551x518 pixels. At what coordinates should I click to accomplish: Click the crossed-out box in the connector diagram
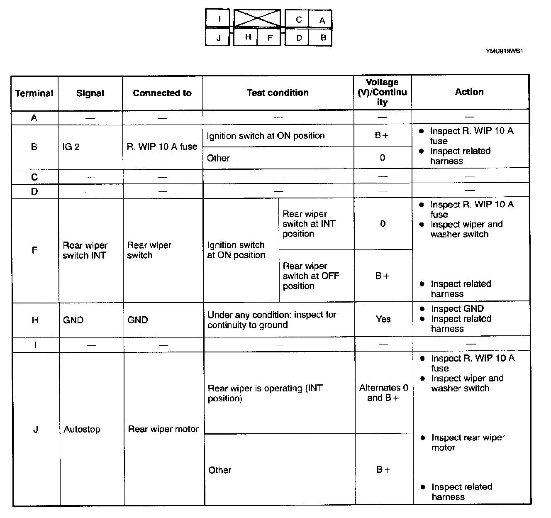257,18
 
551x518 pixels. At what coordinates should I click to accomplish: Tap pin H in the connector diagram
248,37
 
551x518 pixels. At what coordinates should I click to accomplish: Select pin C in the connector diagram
299,19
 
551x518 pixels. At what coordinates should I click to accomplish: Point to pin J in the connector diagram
218,38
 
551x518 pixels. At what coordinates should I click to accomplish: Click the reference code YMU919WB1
504,51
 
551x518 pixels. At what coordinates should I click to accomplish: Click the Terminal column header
34,93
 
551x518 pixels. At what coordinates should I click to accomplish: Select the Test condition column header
278,93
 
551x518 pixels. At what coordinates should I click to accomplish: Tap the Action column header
469,92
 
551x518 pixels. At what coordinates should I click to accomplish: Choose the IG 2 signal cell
71,147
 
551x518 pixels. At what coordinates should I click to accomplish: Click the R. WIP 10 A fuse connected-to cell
162,147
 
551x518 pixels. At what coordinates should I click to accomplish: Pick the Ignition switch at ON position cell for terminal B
266,136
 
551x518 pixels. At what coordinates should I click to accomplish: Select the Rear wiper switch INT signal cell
85,250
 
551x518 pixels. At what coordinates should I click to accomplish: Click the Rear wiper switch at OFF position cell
311,276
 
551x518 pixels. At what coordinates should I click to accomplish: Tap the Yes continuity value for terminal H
383,319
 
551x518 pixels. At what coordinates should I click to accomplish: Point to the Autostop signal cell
82,429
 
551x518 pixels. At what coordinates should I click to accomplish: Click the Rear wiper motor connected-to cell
163,429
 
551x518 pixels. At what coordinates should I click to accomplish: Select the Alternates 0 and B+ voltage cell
383,393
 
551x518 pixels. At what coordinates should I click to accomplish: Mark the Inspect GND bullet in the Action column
457,309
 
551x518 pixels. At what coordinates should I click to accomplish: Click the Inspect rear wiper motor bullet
468,442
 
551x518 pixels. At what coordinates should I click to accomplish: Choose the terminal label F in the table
34,250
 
